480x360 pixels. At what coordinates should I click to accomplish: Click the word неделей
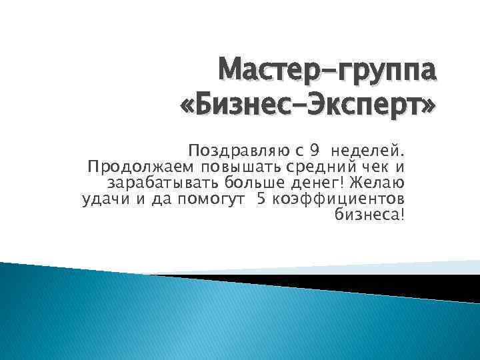(x=373, y=148)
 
